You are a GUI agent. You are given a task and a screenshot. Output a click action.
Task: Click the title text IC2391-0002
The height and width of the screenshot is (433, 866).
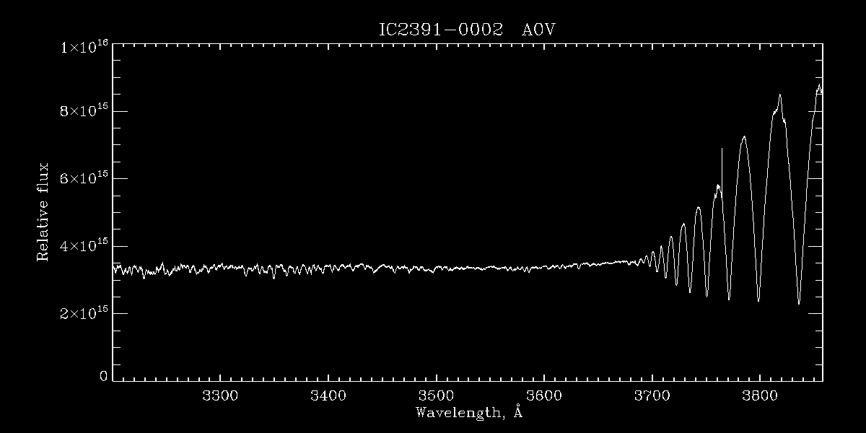(x=440, y=30)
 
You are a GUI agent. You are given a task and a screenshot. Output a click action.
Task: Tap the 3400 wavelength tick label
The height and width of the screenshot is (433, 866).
(x=328, y=396)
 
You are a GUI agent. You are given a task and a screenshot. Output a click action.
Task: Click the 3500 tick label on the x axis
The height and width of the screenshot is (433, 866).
(x=437, y=396)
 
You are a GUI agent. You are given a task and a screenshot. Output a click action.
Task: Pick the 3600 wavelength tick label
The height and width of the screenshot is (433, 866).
(x=544, y=396)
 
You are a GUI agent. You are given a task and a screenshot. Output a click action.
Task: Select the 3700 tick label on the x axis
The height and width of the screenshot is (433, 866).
(x=652, y=396)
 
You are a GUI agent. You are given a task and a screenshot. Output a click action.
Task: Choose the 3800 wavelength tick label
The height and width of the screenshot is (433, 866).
(x=761, y=396)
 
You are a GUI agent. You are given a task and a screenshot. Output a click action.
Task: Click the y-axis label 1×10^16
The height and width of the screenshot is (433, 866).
(x=84, y=47)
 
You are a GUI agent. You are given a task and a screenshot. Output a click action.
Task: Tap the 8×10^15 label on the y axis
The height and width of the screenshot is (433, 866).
(x=84, y=112)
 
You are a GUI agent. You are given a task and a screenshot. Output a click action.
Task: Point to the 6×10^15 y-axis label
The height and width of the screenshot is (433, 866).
(x=84, y=179)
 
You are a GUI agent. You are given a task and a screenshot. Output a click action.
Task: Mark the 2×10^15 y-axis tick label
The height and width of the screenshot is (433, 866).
(x=84, y=314)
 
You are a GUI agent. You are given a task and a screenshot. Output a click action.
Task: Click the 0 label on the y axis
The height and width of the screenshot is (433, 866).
(x=104, y=376)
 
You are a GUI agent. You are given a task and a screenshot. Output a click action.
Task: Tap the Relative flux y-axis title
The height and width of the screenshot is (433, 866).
(x=43, y=211)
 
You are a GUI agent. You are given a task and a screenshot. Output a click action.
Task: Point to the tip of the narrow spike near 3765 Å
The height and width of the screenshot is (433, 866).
(x=722, y=149)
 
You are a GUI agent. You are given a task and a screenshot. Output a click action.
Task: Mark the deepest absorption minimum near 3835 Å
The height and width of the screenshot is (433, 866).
(x=798, y=304)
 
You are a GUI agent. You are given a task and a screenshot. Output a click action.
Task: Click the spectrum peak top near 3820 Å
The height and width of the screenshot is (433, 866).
(x=780, y=95)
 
